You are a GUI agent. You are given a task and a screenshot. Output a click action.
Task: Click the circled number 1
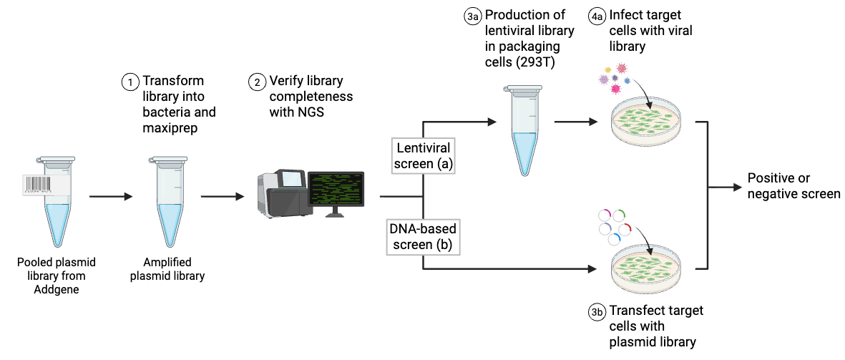(130, 82)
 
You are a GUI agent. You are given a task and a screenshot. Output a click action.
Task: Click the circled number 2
(257, 82)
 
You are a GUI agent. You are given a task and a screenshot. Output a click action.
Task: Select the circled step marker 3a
(472, 17)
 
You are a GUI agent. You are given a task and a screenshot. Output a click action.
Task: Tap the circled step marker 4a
(597, 17)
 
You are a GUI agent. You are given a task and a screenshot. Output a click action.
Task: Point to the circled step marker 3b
(597, 312)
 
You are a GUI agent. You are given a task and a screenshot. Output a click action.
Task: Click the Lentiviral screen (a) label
(424, 155)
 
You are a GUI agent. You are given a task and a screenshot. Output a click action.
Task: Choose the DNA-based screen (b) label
(423, 237)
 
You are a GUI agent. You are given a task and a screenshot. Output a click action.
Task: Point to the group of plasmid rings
(613, 225)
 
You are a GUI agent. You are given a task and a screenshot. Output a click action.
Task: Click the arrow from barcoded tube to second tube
(111, 196)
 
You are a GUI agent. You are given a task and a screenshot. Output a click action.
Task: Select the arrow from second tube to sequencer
(223, 196)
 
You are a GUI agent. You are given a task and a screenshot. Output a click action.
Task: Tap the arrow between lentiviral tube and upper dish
(575, 122)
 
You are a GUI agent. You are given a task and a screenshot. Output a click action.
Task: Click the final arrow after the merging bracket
(726, 188)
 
